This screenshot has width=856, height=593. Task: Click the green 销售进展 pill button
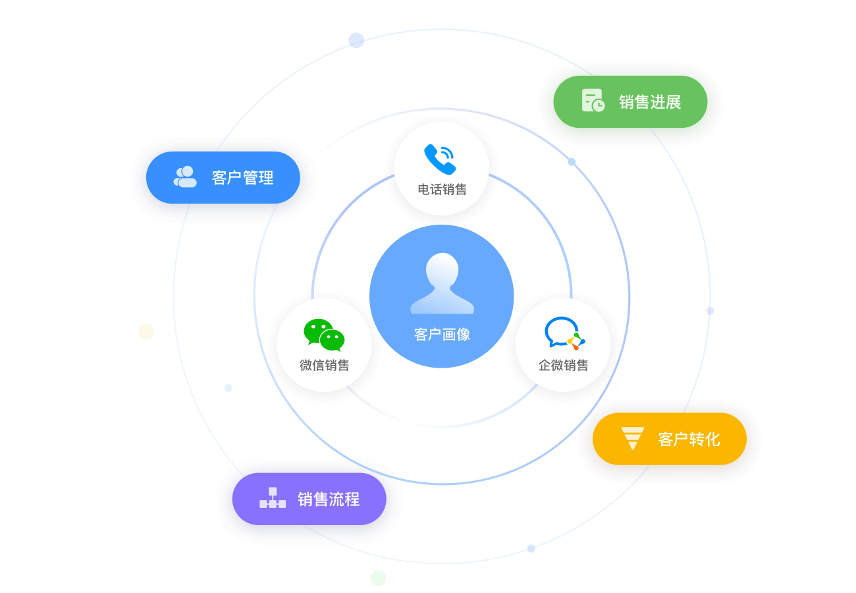click(x=630, y=102)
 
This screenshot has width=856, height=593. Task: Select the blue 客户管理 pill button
click(x=223, y=177)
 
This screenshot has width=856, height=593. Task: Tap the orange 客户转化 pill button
click(x=670, y=439)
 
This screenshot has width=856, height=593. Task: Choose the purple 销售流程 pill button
click(x=309, y=499)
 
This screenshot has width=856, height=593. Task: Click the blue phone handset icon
click(x=440, y=159)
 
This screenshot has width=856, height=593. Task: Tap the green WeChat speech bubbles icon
click(x=324, y=335)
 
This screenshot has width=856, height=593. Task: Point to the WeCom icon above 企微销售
click(x=564, y=333)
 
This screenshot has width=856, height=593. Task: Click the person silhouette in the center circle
click(x=442, y=284)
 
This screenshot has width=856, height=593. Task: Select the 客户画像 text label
click(x=442, y=335)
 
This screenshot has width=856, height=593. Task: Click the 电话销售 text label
click(x=442, y=190)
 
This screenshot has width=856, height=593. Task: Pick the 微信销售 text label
click(x=324, y=365)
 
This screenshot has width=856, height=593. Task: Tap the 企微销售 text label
click(x=563, y=365)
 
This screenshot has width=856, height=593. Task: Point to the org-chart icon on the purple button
click(x=273, y=498)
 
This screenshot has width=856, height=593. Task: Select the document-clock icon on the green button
click(x=593, y=101)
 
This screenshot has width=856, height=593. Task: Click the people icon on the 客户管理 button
click(x=185, y=177)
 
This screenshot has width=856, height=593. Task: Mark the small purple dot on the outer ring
click(x=710, y=310)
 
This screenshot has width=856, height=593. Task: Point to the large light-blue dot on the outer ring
click(x=356, y=40)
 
